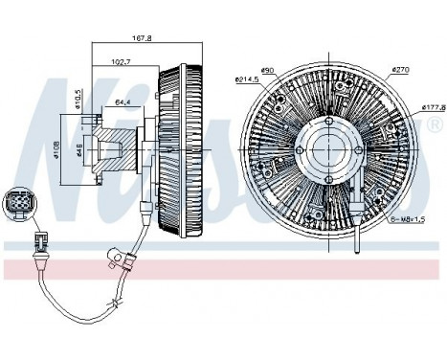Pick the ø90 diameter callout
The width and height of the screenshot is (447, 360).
click(269, 70)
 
